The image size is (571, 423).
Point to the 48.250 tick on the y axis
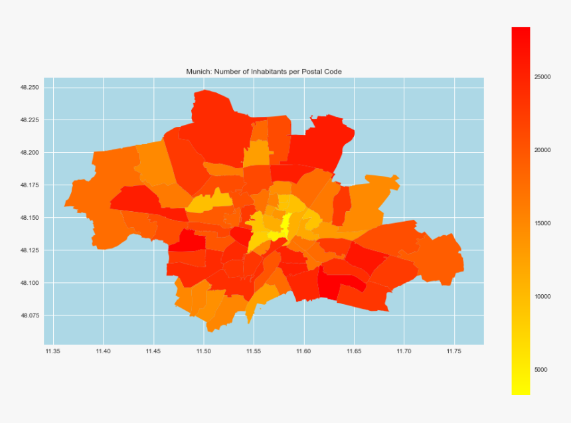tap(29, 88)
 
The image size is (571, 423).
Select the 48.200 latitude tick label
tap(29, 153)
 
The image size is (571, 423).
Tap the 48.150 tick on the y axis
tap(29, 218)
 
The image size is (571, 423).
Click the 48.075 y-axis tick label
tap(29, 315)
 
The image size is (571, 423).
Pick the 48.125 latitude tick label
tap(29, 250)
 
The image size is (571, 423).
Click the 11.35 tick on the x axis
tap(53, 351)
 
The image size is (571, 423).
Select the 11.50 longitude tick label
tap(204, 351)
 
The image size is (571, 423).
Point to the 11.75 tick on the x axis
tap(454, 351)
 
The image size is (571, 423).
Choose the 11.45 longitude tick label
tap(153, 351)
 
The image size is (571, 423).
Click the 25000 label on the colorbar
tap(542, 77)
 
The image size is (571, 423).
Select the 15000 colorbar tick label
tap(542, 223)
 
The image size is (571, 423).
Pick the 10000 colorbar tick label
tap(542, 297)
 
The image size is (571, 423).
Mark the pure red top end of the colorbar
tap(521, 31)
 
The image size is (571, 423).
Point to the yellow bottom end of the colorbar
tap(521, 391)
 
